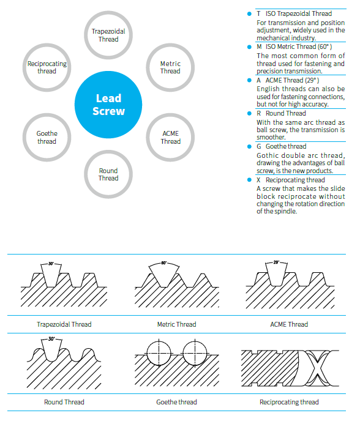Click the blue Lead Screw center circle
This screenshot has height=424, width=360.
108,105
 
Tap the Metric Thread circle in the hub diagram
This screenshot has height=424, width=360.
170,67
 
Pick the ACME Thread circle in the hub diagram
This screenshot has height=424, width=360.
170,137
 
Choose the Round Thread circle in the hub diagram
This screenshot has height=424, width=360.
108,174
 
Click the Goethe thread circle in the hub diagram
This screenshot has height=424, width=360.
47,137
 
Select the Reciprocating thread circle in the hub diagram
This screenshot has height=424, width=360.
47,67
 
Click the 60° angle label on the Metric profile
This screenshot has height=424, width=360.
163,264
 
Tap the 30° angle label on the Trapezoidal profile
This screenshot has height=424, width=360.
51,264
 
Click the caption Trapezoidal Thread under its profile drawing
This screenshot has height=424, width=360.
64,324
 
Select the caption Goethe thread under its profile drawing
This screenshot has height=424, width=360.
176,402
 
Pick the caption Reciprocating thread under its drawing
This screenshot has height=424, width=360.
289,402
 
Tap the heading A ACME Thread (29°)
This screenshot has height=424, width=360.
288,80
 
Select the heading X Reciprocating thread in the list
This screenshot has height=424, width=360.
290,180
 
